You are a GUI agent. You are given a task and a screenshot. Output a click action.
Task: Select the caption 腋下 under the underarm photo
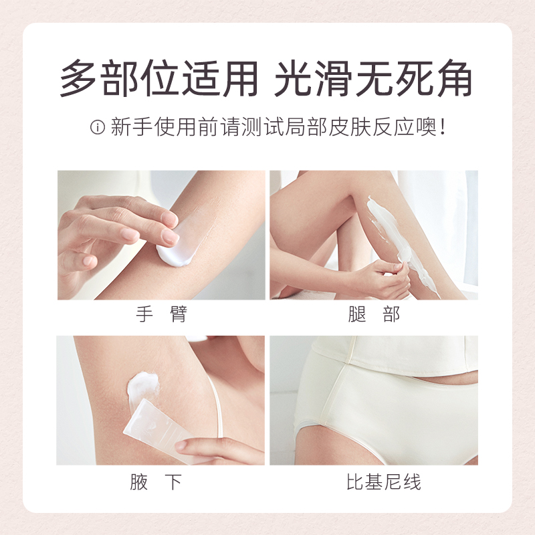[160, 481]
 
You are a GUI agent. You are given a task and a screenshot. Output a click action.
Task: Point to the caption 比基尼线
[374, 481]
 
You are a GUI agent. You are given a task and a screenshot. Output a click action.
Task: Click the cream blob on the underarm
[143, 387]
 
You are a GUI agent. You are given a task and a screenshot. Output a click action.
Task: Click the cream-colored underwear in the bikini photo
[374, 415]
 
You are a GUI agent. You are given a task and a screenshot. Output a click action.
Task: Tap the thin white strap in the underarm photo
[217, 408]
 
